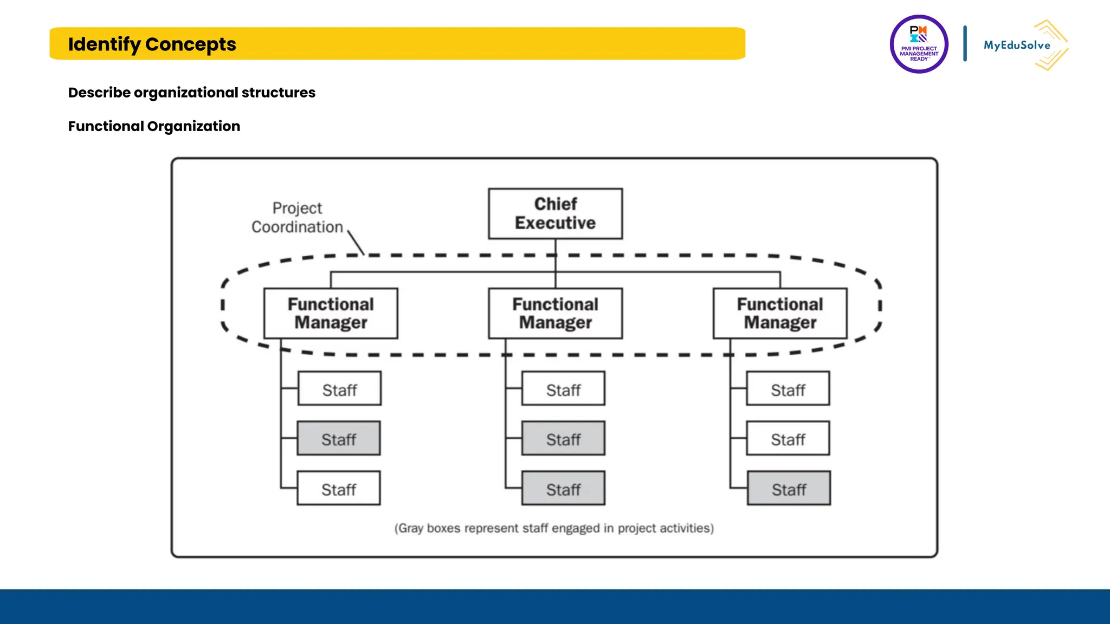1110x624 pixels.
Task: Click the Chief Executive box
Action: [x=555, y=213]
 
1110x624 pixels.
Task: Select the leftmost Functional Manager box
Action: [x=331, y=313]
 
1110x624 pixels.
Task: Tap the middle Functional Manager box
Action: [x=555, y=313]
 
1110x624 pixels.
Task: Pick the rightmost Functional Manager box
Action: [x=780, y=313]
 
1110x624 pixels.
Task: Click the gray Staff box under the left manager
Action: [x=339, y=438]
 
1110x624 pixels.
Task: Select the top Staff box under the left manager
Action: [x=339, y=388]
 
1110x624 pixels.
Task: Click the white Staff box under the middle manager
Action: [x=563, y=388]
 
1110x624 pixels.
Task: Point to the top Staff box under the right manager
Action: [x=788, y=388]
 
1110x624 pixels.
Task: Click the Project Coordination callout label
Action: [x=297, y=218]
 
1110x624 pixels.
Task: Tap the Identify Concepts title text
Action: [x=152, y=44]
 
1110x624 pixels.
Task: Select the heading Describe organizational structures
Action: [x=191, y=93]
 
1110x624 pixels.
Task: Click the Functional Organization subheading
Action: [x=154, y=126]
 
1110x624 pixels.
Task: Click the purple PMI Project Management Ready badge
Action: [x=919, y=44]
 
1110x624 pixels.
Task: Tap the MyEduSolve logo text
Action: [x=1017, y=45]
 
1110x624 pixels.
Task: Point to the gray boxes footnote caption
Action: [x=554, y=528]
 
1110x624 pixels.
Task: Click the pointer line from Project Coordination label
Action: [x=356, y=243]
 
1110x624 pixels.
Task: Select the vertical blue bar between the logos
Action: [x=965, y=43]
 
